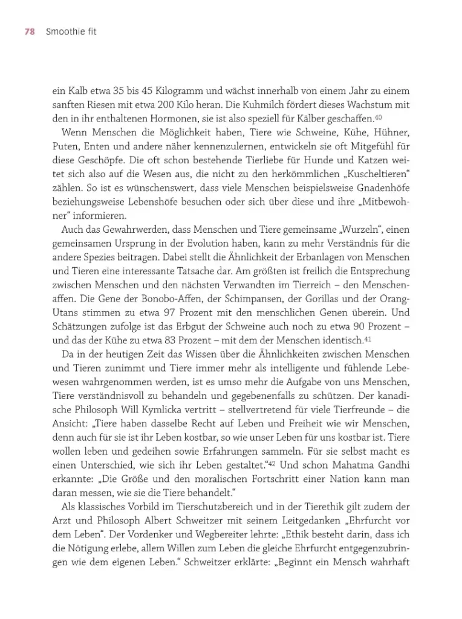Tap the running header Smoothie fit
71,32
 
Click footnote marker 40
378,117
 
